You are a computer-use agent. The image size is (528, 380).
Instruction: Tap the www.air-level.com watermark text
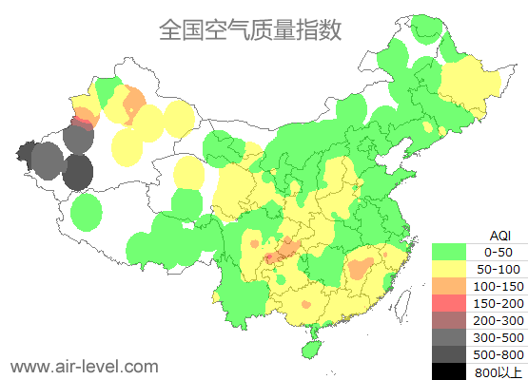(84, 365)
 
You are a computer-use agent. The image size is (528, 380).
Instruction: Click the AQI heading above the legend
(498, 235)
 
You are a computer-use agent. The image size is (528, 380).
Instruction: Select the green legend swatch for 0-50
(452, 252)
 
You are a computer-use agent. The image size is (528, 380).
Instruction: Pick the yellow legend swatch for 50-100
(452, 269)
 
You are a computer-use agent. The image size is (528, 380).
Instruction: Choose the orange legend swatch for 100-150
(452, 286)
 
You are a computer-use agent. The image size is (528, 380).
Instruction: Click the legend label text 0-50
(498, 252)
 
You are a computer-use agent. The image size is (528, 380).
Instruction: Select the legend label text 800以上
(498, 370)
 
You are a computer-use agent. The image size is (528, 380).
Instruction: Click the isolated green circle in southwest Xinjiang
(87, 212)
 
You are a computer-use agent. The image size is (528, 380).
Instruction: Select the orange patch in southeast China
(361, 268)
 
